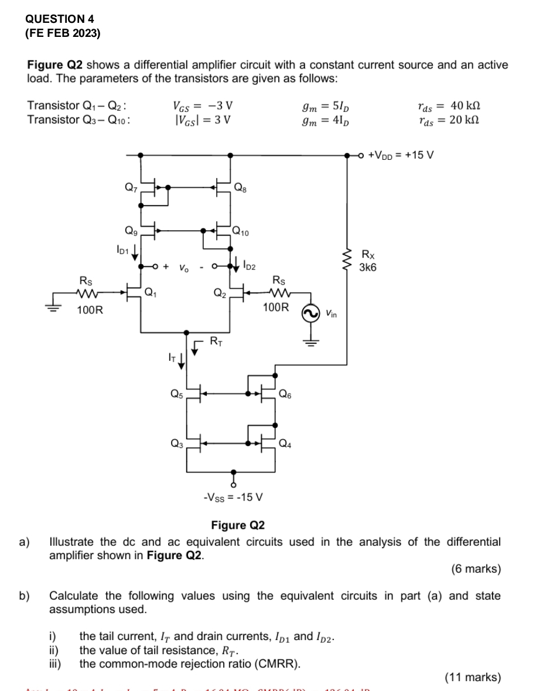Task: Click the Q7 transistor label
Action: click(x=131, y=187)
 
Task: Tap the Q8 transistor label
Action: click(x=240, y=187)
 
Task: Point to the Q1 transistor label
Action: click(x=151, y=292)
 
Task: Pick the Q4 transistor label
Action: click(x=285, y=443)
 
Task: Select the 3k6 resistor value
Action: click(x=368, y=268)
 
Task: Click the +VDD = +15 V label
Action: click(x=399, y=155)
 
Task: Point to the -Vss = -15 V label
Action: click(x=233, y=498)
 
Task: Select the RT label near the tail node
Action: click(x=216, y=340)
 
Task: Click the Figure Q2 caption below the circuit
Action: click(x=238, y=525)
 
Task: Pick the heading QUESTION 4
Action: click(x=60, y=19)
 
